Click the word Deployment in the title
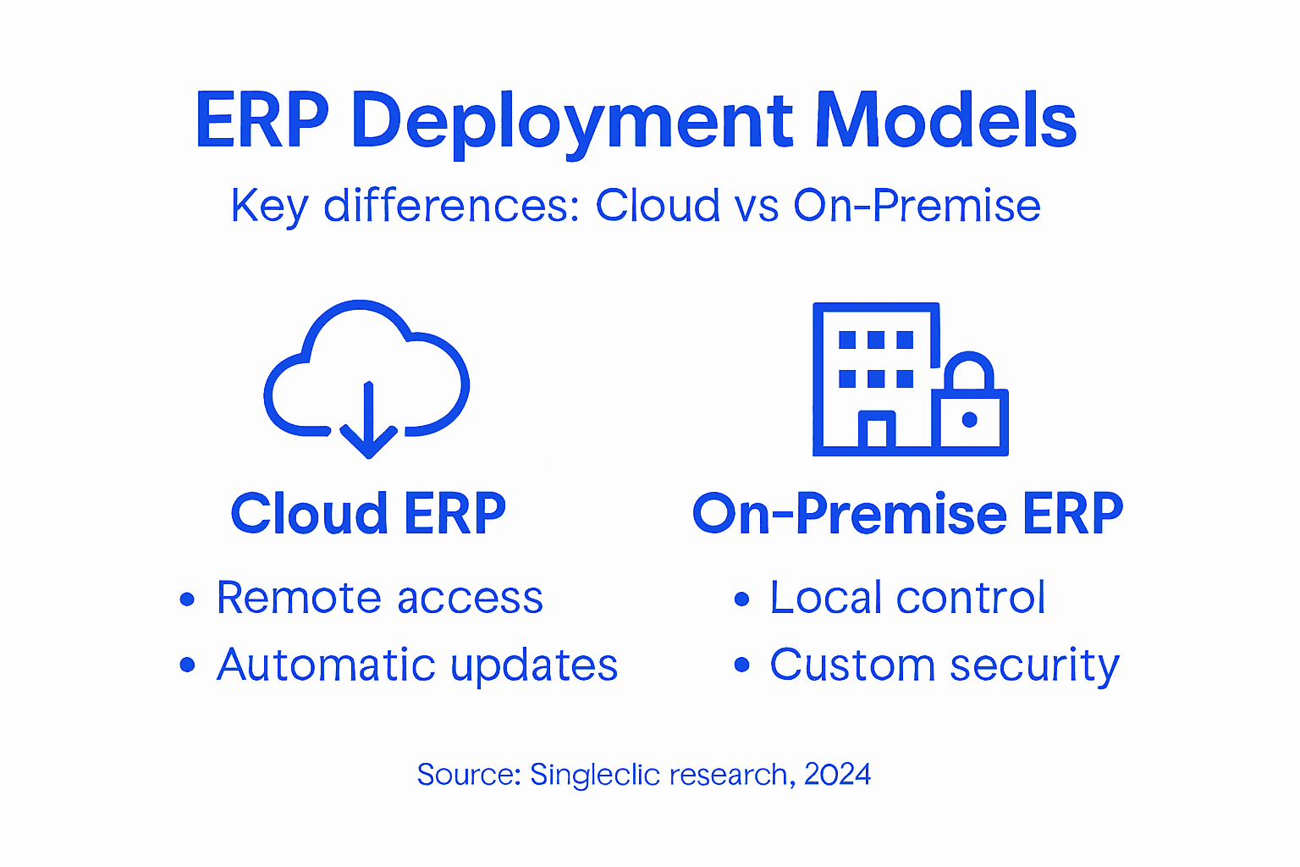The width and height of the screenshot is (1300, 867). pos(572,121)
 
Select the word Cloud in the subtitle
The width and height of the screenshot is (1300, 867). pos(658,206)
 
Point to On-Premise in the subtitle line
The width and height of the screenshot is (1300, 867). pos(917,206)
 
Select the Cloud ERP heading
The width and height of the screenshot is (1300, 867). pos(368,514)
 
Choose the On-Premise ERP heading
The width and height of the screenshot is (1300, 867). pos(907,514)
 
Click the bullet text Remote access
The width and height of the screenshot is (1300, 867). pos(379,598)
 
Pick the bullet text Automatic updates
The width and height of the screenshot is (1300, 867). pos(417,665)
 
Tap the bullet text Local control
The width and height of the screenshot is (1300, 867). pos(907,598)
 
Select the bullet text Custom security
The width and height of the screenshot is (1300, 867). pos(945,665)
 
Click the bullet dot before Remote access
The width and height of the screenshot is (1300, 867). pos(188,600)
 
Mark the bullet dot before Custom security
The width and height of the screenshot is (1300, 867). pos(742,665)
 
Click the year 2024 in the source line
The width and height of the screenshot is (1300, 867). pos(837,775)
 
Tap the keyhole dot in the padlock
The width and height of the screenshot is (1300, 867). pos(970,420)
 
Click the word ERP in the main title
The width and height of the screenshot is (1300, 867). pos(262,121)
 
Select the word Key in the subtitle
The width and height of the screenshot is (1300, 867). pos(268,206)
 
